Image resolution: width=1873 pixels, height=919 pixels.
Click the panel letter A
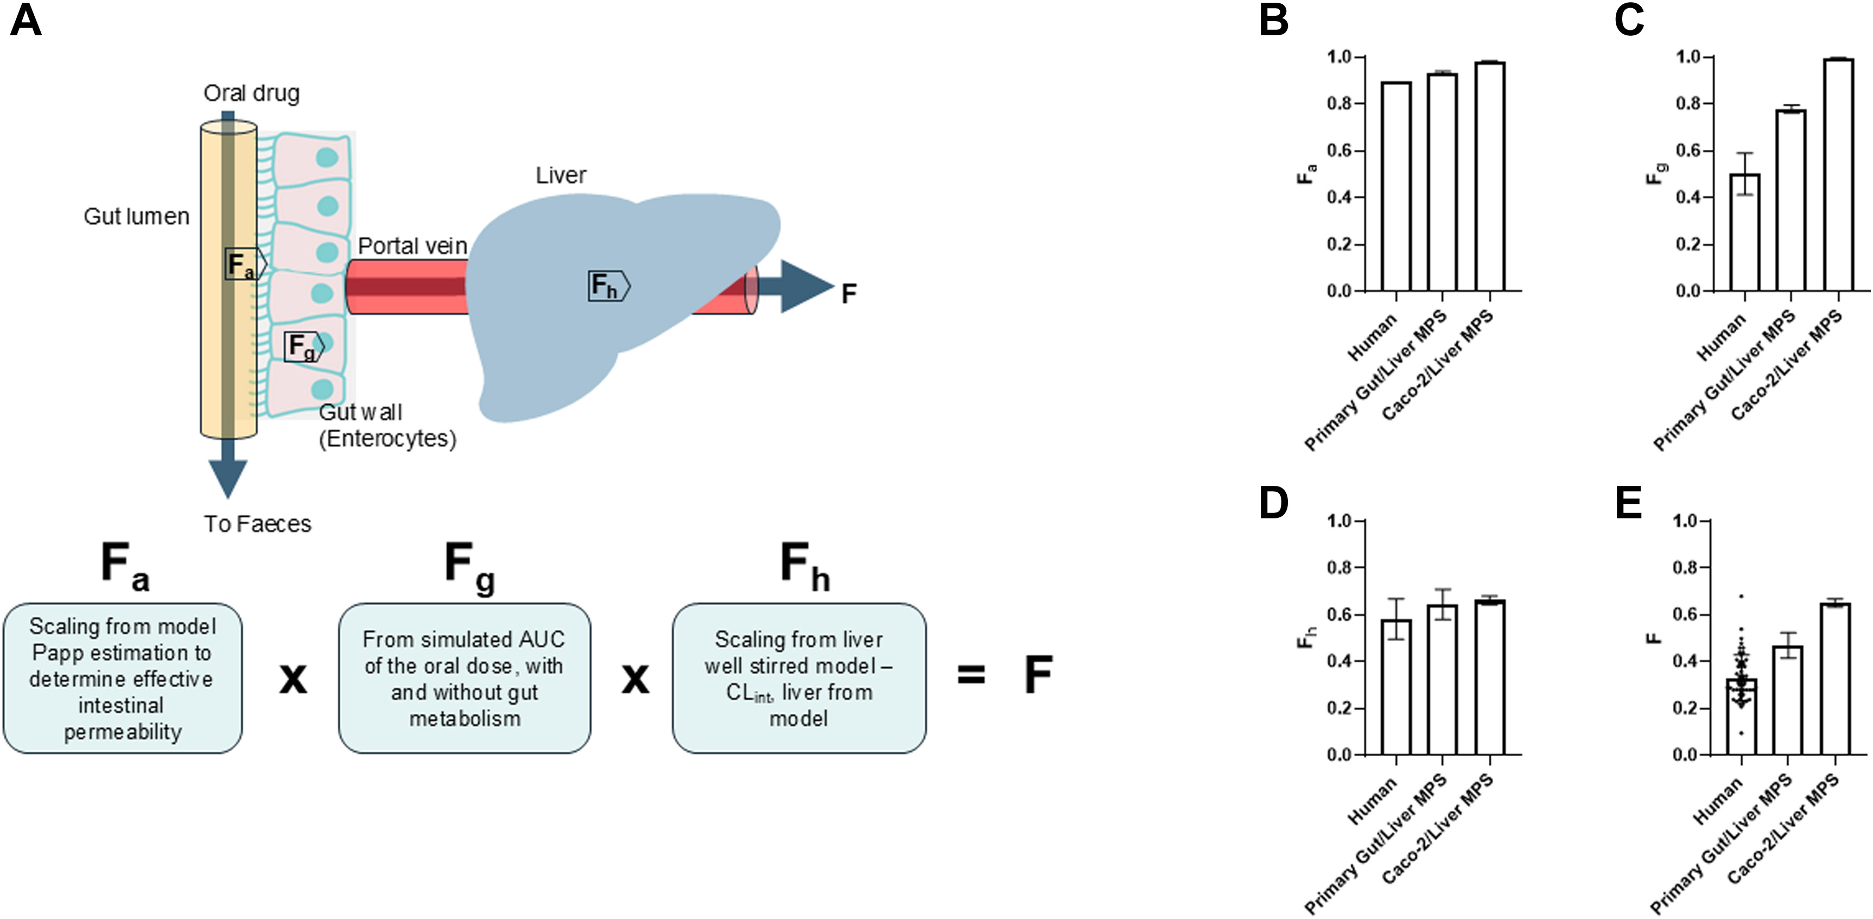pyautogui.click(x=26, y=21)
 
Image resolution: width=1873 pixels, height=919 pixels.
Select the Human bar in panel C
pyautogui.click(x=1745, y=233)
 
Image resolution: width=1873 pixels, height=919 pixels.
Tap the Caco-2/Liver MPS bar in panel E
pyautogui.click(x=1836, y=679)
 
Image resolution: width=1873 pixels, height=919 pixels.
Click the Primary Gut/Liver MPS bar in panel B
pyautogui.click(x=1443, y=182)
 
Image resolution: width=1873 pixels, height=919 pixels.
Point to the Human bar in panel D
pyautogui.click(x=1396, y=687)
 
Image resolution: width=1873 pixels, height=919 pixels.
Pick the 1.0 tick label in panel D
pyautogui.click(x=1339, y=521)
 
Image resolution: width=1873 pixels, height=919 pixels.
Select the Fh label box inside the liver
pyautogui.click(x=608, y=286)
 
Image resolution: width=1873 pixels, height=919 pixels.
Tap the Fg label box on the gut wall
pyautogui.click(x=304, y=347)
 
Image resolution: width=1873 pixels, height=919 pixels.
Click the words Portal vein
pyautogui.click(x=412, y=246)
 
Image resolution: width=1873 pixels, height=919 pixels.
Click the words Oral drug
pyautogui.click(x=252, y=94)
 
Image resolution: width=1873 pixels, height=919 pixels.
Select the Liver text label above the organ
pyautogui.click(x=561, y=175)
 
